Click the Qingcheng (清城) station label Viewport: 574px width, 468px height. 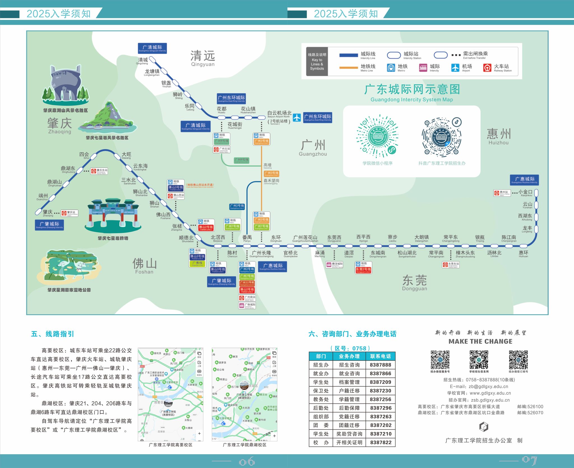143,60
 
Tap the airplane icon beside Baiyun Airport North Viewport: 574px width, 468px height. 297,118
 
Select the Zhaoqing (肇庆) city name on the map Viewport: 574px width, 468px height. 59,124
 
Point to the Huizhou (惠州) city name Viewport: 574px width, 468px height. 499,134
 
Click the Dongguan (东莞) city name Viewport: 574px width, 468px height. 415,280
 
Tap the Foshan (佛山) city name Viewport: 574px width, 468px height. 144,264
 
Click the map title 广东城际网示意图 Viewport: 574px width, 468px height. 412,90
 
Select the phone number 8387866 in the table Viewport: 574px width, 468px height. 380,373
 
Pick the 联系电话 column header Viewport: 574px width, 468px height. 380,356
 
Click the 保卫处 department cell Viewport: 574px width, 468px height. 321,391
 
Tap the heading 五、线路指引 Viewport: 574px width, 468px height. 52,334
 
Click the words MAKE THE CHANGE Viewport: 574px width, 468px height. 480,341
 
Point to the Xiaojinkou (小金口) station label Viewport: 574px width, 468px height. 525,192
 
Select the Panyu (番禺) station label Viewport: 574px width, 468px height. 247,238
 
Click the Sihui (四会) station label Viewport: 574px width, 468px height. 84,154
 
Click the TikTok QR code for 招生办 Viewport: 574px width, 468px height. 442,137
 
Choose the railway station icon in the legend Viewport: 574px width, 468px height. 487,68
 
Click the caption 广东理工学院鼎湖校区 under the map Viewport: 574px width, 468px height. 244,445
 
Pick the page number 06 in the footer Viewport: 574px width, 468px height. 247,462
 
